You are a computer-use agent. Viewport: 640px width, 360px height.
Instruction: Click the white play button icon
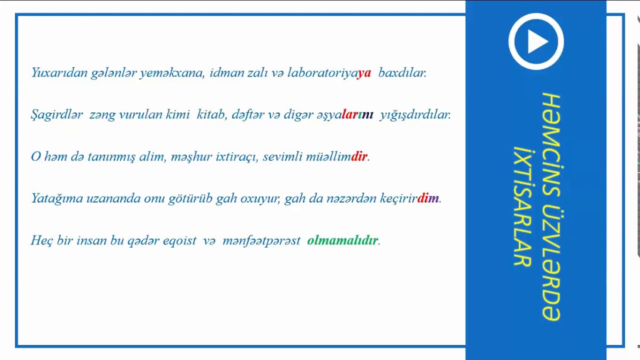click(x=536, y=41)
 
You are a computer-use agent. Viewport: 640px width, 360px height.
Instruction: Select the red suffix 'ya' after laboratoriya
click(x=364, y=73)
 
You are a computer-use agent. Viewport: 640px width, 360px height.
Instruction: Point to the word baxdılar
click(x=402, y=73)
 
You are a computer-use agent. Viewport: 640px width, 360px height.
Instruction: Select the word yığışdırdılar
click(x=415, y=115)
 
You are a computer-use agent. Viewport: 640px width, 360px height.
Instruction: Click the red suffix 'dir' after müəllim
click(x=359, y=157)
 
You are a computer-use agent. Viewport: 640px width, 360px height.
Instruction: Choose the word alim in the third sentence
click(x=151, y=157)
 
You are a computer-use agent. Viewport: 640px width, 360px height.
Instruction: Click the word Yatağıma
click(x=56, y=199)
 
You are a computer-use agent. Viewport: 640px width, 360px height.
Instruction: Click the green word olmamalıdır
click(x=342, y=240)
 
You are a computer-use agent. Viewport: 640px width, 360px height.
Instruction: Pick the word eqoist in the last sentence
click(x=179, y=241)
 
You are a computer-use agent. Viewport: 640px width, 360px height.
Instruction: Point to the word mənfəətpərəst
click(x=261, y=241)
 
